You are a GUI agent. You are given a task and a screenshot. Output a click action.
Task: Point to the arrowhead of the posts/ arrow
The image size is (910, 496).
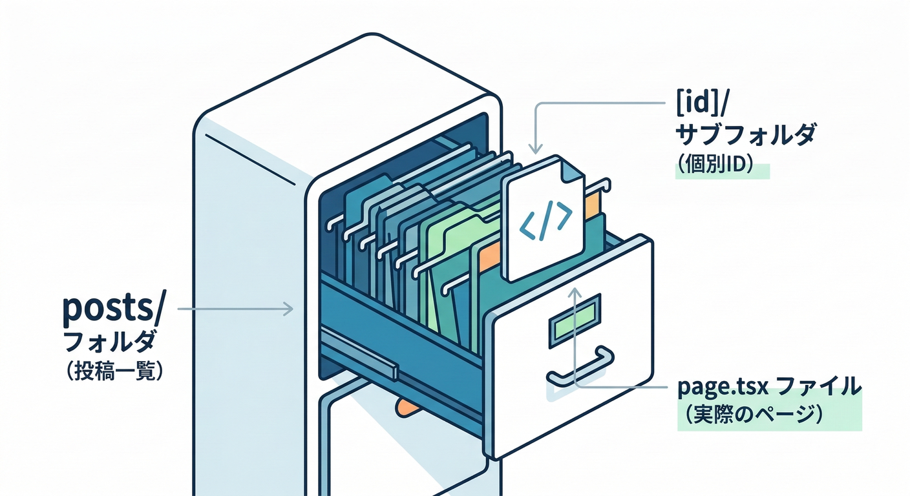pyautogui.click(x=288, y=310)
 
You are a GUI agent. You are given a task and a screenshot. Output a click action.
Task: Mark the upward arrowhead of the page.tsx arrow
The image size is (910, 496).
pyautogui.click(x=575, y=294)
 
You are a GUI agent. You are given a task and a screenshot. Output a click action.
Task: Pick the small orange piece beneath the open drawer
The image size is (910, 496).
pyautogui.click(x=406, y=406)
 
